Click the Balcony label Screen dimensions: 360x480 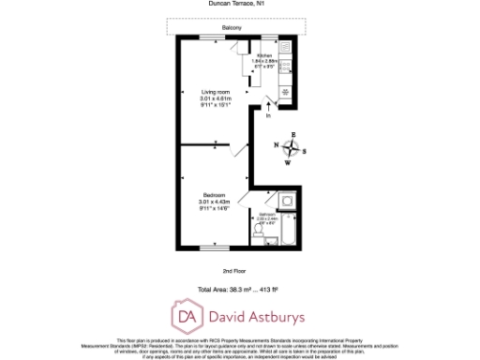(232, 28)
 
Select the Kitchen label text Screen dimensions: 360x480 (263, 56)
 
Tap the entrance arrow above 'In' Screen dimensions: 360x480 (269, 104)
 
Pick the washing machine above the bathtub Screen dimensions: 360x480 (286, 201)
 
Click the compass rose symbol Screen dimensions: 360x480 (292, 147)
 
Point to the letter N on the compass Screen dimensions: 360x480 (278, 146)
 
